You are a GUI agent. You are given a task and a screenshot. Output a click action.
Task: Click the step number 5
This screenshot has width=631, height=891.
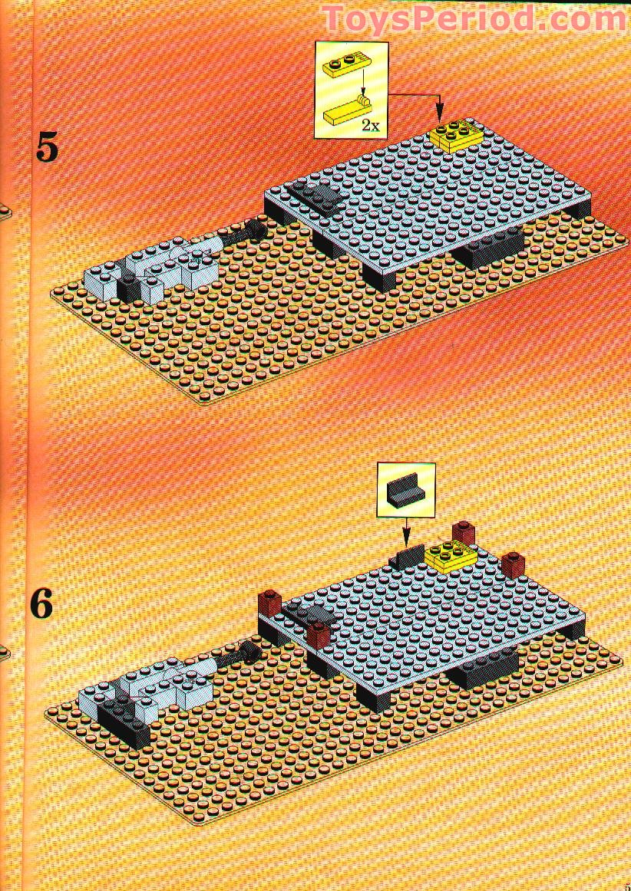(x=48, y=147)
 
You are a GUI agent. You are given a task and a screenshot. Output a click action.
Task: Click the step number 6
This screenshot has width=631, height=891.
(x=42, y=604)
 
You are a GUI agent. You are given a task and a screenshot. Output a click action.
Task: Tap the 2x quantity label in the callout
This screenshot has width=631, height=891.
(x=371, y=127)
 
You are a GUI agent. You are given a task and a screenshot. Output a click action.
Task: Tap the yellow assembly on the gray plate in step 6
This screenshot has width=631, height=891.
(x=451, y=556)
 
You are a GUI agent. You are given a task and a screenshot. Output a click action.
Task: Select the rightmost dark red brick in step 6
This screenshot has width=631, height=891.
(x=513, y=563)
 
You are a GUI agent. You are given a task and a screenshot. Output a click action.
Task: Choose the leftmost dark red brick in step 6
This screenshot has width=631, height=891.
(x=269, y=603)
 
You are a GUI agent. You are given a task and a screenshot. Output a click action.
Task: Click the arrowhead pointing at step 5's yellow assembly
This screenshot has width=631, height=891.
(x=438, y=116)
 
